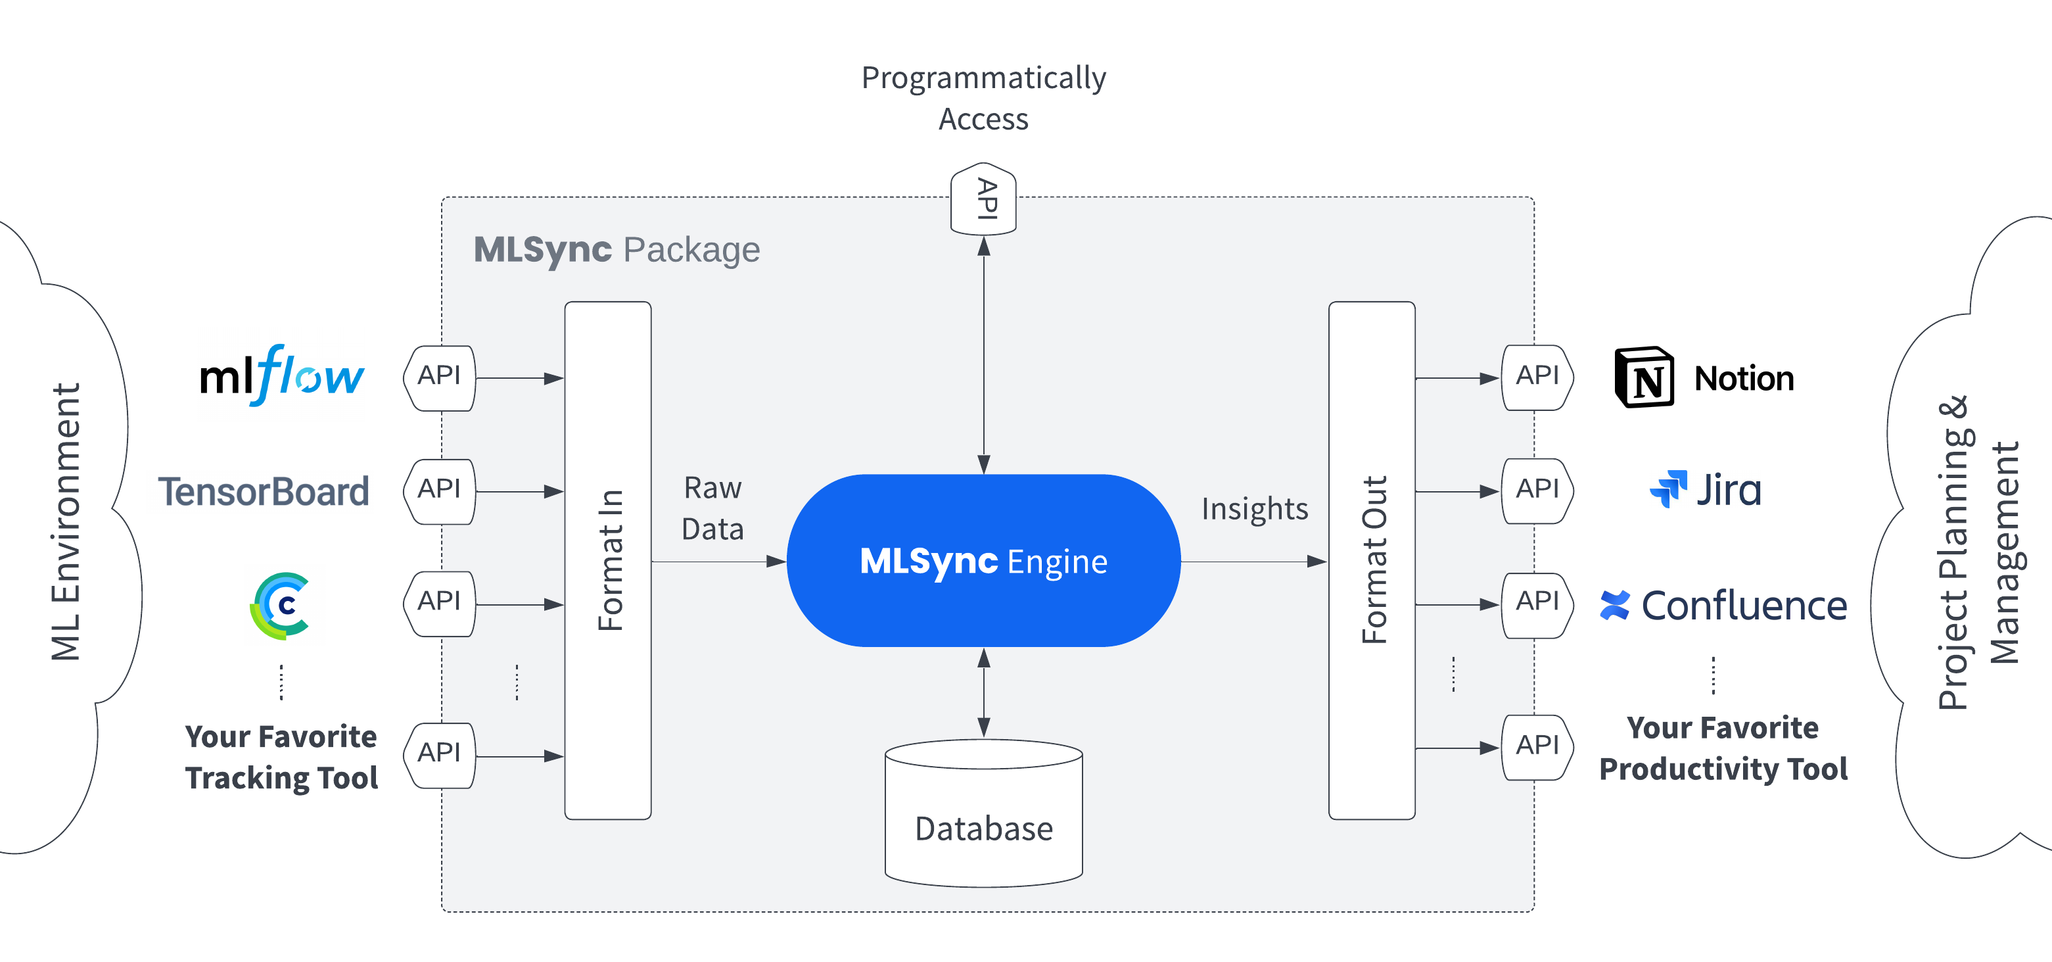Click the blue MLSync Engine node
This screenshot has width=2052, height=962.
983,560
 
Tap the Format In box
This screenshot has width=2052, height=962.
608,560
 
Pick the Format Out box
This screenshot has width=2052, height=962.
1371,560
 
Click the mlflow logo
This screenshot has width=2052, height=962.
281,376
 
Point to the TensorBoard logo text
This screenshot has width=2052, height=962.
264,491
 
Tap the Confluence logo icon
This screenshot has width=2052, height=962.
1615,605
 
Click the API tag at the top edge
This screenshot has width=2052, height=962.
983,199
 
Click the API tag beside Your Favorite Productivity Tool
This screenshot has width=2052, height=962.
1537,747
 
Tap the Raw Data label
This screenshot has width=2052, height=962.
712,508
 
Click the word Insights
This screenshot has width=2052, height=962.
1255,508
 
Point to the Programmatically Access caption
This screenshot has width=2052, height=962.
983,98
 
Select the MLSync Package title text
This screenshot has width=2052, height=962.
617,249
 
